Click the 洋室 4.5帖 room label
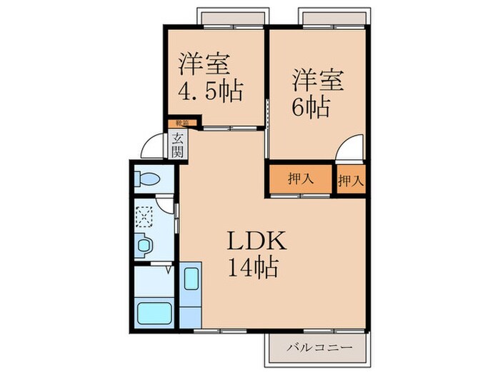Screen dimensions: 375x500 click(x=210, y=77)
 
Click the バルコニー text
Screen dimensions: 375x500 click(x=320, y=347)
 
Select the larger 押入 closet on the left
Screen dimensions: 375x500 click(x=300, y=179)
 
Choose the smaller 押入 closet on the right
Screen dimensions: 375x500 click(x=351, y=179)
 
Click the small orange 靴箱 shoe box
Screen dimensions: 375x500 click(x=176, y=124)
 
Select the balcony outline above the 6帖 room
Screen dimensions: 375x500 click(x=334, y=16)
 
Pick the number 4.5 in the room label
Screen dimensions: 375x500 click(x=196, y=91)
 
